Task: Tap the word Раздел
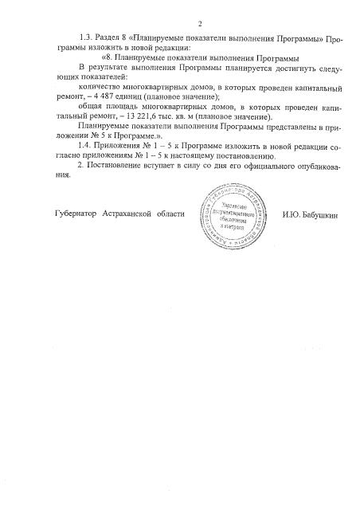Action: pyautogui.click(x=110, y=38)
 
